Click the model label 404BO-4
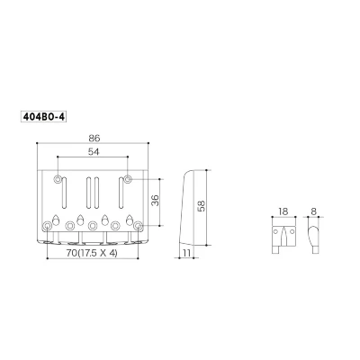(x=43, y=117)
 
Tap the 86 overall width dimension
(x=94, y=138)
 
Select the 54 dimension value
(x=94, y=152)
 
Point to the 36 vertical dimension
(x=155, y=200)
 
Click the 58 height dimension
(x=202, y=206)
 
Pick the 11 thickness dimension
(x=186, y=253)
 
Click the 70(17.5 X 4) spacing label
(x=92, y=253)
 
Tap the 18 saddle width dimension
(x=283, y=211)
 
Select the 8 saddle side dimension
(x=313, y=211)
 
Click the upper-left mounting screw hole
(x=58, y=179)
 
